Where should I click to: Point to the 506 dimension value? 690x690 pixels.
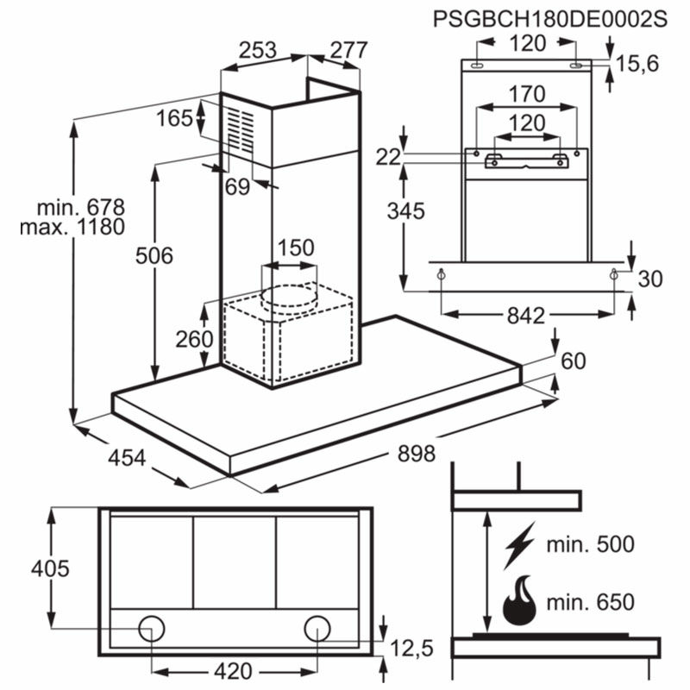pos(155,255)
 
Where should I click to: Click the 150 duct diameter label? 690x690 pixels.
pos(295,248)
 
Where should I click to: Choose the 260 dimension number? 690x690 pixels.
pos(195,339)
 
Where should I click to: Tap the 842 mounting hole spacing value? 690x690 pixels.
pos(525,316)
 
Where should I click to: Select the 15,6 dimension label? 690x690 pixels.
pos(640,62)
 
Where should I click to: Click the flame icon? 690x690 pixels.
pos(519,601)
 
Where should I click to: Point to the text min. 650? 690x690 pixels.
pos(590,602)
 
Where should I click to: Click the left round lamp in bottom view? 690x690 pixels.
pos(153,628)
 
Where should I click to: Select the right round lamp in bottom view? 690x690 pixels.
pos(317,628)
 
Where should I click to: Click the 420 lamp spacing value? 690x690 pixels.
pos(232,670)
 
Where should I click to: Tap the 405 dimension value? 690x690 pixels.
pos(49,568)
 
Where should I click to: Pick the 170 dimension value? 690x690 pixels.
pos(527,93)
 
